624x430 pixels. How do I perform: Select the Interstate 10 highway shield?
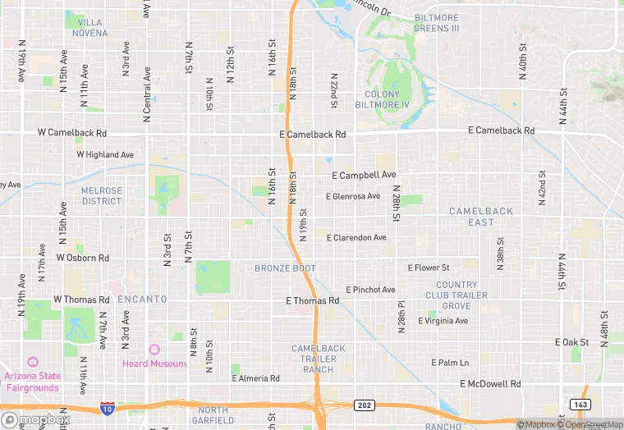click(107, 408)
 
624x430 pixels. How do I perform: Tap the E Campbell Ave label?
click(364, 175)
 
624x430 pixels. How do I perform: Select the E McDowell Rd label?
click(490, 384)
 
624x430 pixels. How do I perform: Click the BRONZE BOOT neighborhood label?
click(285, 268)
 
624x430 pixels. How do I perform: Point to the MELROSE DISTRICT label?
click(101, 195)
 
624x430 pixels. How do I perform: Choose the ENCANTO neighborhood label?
click(142, 300)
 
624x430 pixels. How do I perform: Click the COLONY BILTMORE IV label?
click(387, 99)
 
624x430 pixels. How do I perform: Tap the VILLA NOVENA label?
click(89, 28)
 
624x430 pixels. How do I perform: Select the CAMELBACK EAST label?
click(481, 217)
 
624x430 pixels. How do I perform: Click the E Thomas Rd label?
click(312, 301)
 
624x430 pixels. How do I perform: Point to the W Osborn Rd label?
click(82, 258)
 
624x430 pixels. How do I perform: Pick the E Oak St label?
click(572, 342)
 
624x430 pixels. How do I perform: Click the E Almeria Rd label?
click(255, 378)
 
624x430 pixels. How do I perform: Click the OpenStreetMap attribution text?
click(591, 424)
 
